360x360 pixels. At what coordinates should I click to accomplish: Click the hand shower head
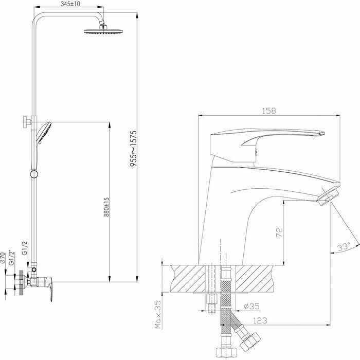(x=44, y=131)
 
